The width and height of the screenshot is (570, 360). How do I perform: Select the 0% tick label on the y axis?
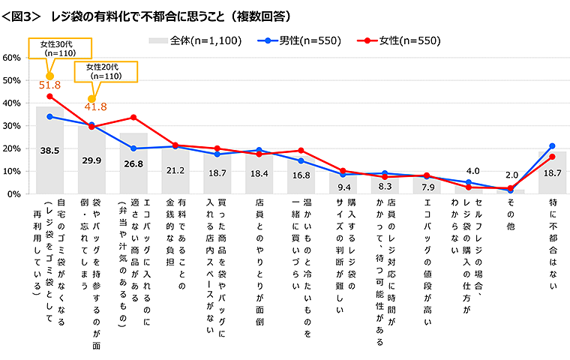(14, 194)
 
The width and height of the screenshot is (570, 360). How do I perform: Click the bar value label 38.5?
(49, 151)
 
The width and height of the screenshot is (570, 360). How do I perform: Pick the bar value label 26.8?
(133, 164)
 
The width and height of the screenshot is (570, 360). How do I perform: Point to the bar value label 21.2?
(175, 170)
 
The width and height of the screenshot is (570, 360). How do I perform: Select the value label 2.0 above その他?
(510, 175)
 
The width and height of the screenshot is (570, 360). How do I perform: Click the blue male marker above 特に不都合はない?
(552, 146)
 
